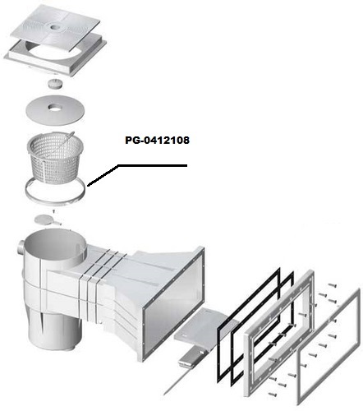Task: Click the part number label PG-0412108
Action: click(157, 141)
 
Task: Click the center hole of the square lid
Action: click(55, 27)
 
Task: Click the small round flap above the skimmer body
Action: click(44, 219)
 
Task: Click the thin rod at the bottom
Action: click(174, 381)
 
